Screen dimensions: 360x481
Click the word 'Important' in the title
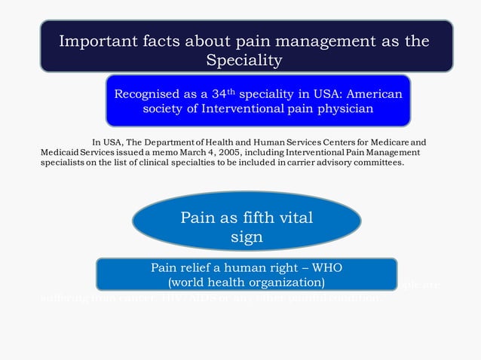pyautogui.click(x=96, y=41)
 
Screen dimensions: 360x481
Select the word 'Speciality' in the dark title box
pyautogui.click(x=245, y=59)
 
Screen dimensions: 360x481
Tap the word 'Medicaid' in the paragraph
pyautogui.click(x=59, y=152)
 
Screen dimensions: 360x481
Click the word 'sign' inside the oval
pyautogui.click(x=247, y=236)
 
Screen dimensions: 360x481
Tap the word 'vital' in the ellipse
pyautogui.click(x=296, y=218)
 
